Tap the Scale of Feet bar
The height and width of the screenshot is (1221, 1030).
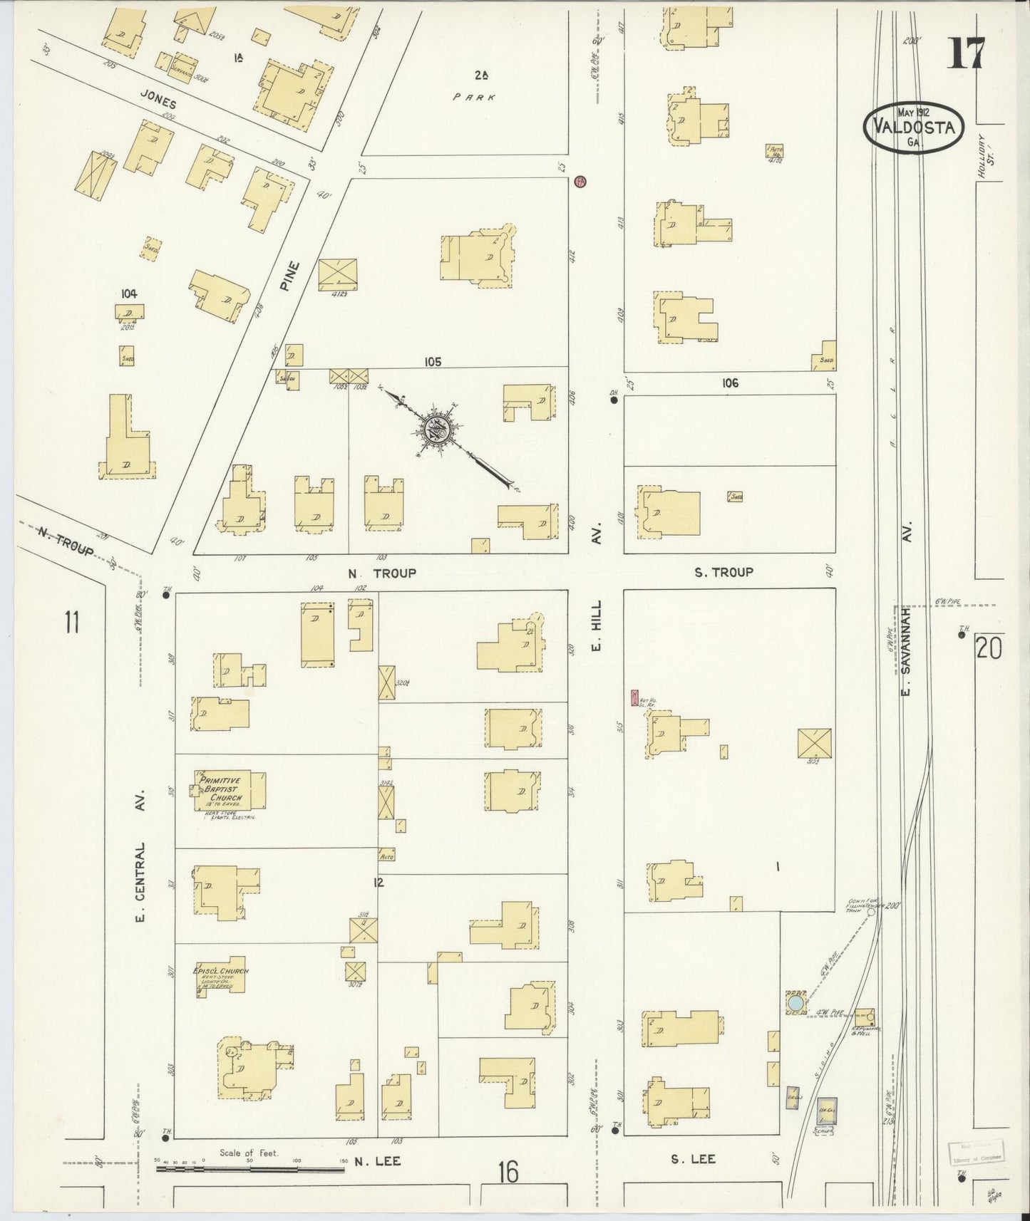249,1168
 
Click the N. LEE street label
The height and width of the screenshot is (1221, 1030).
377,1161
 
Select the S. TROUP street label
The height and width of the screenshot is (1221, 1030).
723,572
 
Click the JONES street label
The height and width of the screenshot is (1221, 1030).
158,101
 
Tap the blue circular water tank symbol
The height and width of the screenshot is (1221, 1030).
794,1004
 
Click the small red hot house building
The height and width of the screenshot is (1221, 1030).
634,697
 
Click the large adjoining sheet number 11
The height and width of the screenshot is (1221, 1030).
71,622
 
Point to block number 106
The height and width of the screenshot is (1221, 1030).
729,383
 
